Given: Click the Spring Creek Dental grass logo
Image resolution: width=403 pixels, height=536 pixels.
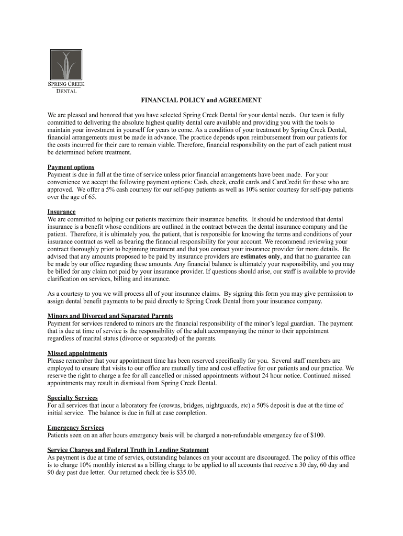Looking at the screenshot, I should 66,65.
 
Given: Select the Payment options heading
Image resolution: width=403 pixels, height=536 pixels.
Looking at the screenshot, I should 71,167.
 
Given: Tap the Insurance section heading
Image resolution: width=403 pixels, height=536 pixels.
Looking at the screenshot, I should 61,212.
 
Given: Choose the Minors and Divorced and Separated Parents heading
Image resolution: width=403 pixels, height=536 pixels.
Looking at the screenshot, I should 110,316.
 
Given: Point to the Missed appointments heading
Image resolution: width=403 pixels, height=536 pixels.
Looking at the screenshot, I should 77,353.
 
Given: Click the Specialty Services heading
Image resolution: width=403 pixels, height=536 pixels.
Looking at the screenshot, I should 72,398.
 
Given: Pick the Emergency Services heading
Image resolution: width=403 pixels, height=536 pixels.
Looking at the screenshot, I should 75,428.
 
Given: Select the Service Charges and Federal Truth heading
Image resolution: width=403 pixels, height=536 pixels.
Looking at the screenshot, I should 128,450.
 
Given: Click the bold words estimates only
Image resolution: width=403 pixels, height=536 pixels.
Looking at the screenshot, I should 260,257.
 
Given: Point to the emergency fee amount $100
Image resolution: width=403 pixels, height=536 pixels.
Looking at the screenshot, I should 317,435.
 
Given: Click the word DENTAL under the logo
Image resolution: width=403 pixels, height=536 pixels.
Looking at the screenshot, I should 66,91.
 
